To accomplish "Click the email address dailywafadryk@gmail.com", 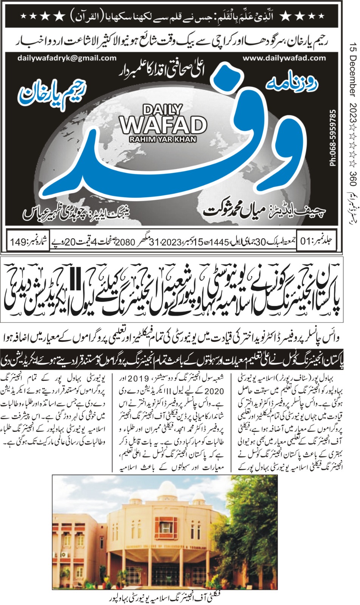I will click(x=67, y=58).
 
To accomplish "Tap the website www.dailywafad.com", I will click(x=284, y=58).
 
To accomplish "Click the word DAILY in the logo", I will click(x=163, y=110).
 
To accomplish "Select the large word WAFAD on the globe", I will click(x=163, y=124).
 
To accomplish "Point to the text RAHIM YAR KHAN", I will click(x=163, y=139).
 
